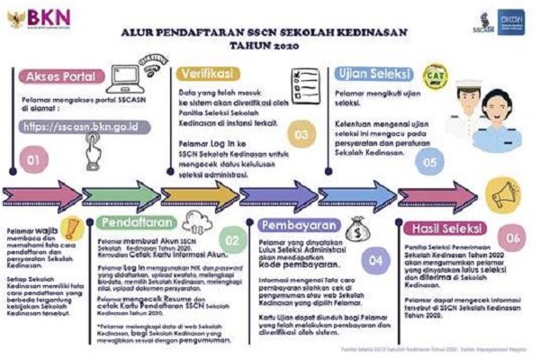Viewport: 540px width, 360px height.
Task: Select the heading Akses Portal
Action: [59, 76]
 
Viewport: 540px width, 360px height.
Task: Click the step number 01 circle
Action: [32, 163]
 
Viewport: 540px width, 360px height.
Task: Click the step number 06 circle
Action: [513, 238]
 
